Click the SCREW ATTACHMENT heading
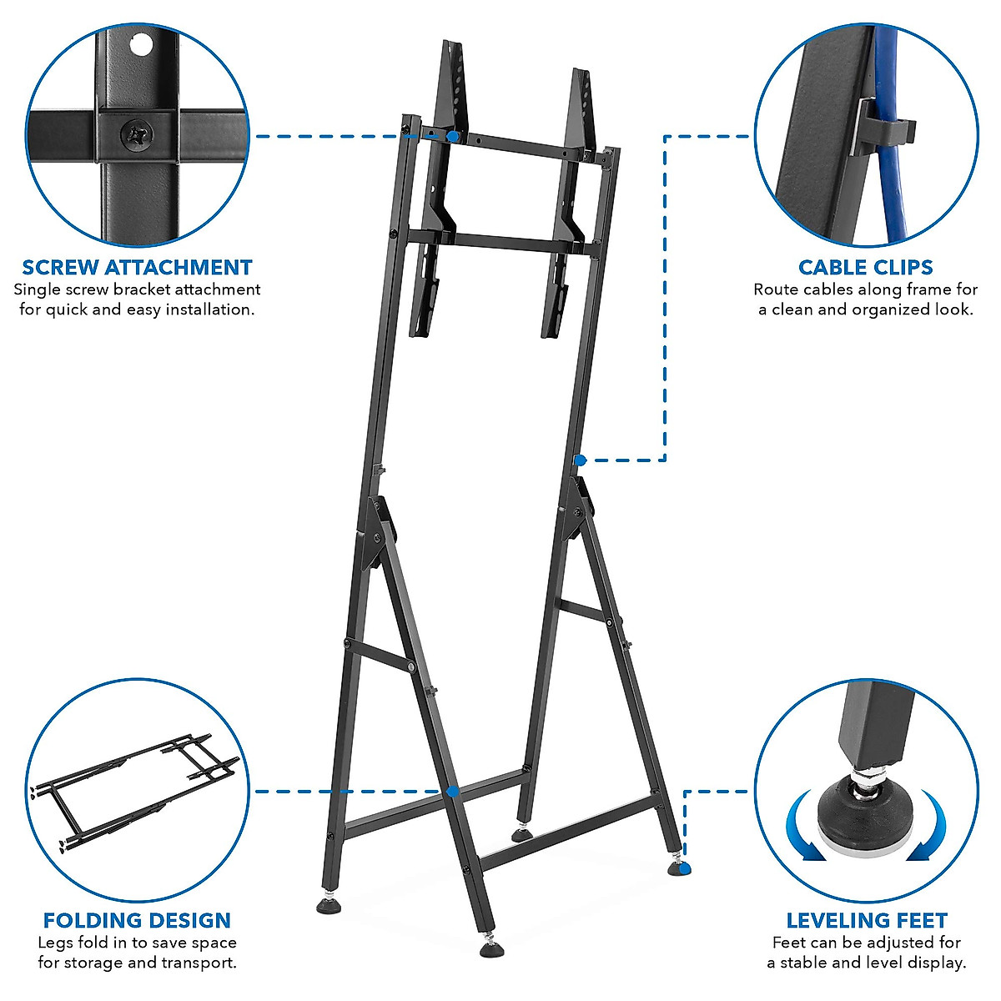click(137, 268)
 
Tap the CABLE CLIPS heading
click(865, 268)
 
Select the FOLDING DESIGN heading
click(137, 921)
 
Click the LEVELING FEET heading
click(867, 921)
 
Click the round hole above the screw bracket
click(143, 43)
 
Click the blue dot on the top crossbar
click(452, 135)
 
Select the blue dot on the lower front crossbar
click(452, 792)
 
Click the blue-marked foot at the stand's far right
click(681, 869)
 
